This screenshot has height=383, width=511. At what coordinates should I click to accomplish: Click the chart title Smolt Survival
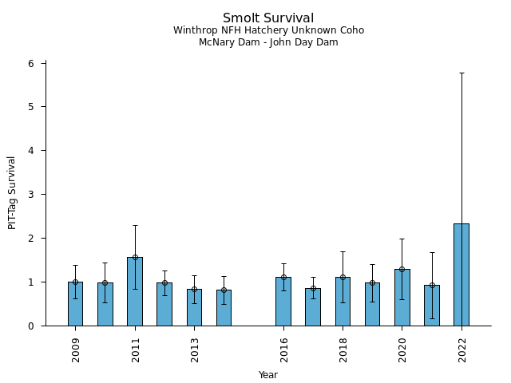pyautogui.click(x=268, y=18)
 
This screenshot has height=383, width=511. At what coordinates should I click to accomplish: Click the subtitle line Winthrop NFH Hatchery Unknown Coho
pyautogui.click(x=268, y=30)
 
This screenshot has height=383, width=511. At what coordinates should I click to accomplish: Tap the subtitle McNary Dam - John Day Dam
pyautogui.click(x=268, y=42)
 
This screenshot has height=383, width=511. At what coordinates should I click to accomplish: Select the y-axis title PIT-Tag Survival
pyautogui.click(x=12, y=192)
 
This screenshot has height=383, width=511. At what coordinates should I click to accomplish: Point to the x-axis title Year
pyautogui.click(x=268, y=375)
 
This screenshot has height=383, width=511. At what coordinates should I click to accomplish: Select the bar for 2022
pyautogui.click(x=461, y=274)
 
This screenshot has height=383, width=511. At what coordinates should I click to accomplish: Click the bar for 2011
pyautogui.click(x=135, y=291)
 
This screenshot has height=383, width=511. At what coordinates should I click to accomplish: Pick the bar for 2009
pyautogui.click(x=75, y=304)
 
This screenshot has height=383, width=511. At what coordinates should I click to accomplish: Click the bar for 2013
pyautogui.click(x=194, y=307)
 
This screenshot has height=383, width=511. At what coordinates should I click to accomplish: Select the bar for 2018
pyautogui.click(x=343, y=302)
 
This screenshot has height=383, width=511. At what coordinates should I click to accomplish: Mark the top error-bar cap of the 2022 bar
pyautogui.click(x=461, y=73)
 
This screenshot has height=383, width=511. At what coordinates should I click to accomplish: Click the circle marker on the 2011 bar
pyautogui.click(x=135, y=257)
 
